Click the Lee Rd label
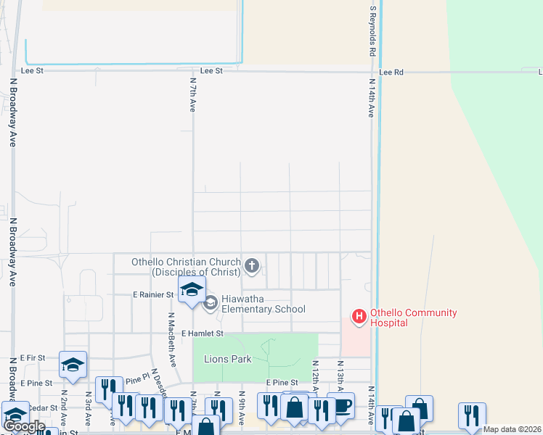click(x=391, y=72)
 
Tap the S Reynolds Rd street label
click(x=372, y=30)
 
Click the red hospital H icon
click(x=359, y=316)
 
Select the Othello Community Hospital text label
click(x=413, y=318)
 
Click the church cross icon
click(x=252, y=266)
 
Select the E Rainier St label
click(x=153, y=294)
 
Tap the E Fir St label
click(x=33, y=357)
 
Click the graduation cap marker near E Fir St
click(x=73, y=364)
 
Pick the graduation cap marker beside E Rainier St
click(x=192, y=291)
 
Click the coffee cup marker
click(x=340, y=405)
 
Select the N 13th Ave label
click(x=340, y=376)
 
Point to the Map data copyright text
click(x=512, y=429)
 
